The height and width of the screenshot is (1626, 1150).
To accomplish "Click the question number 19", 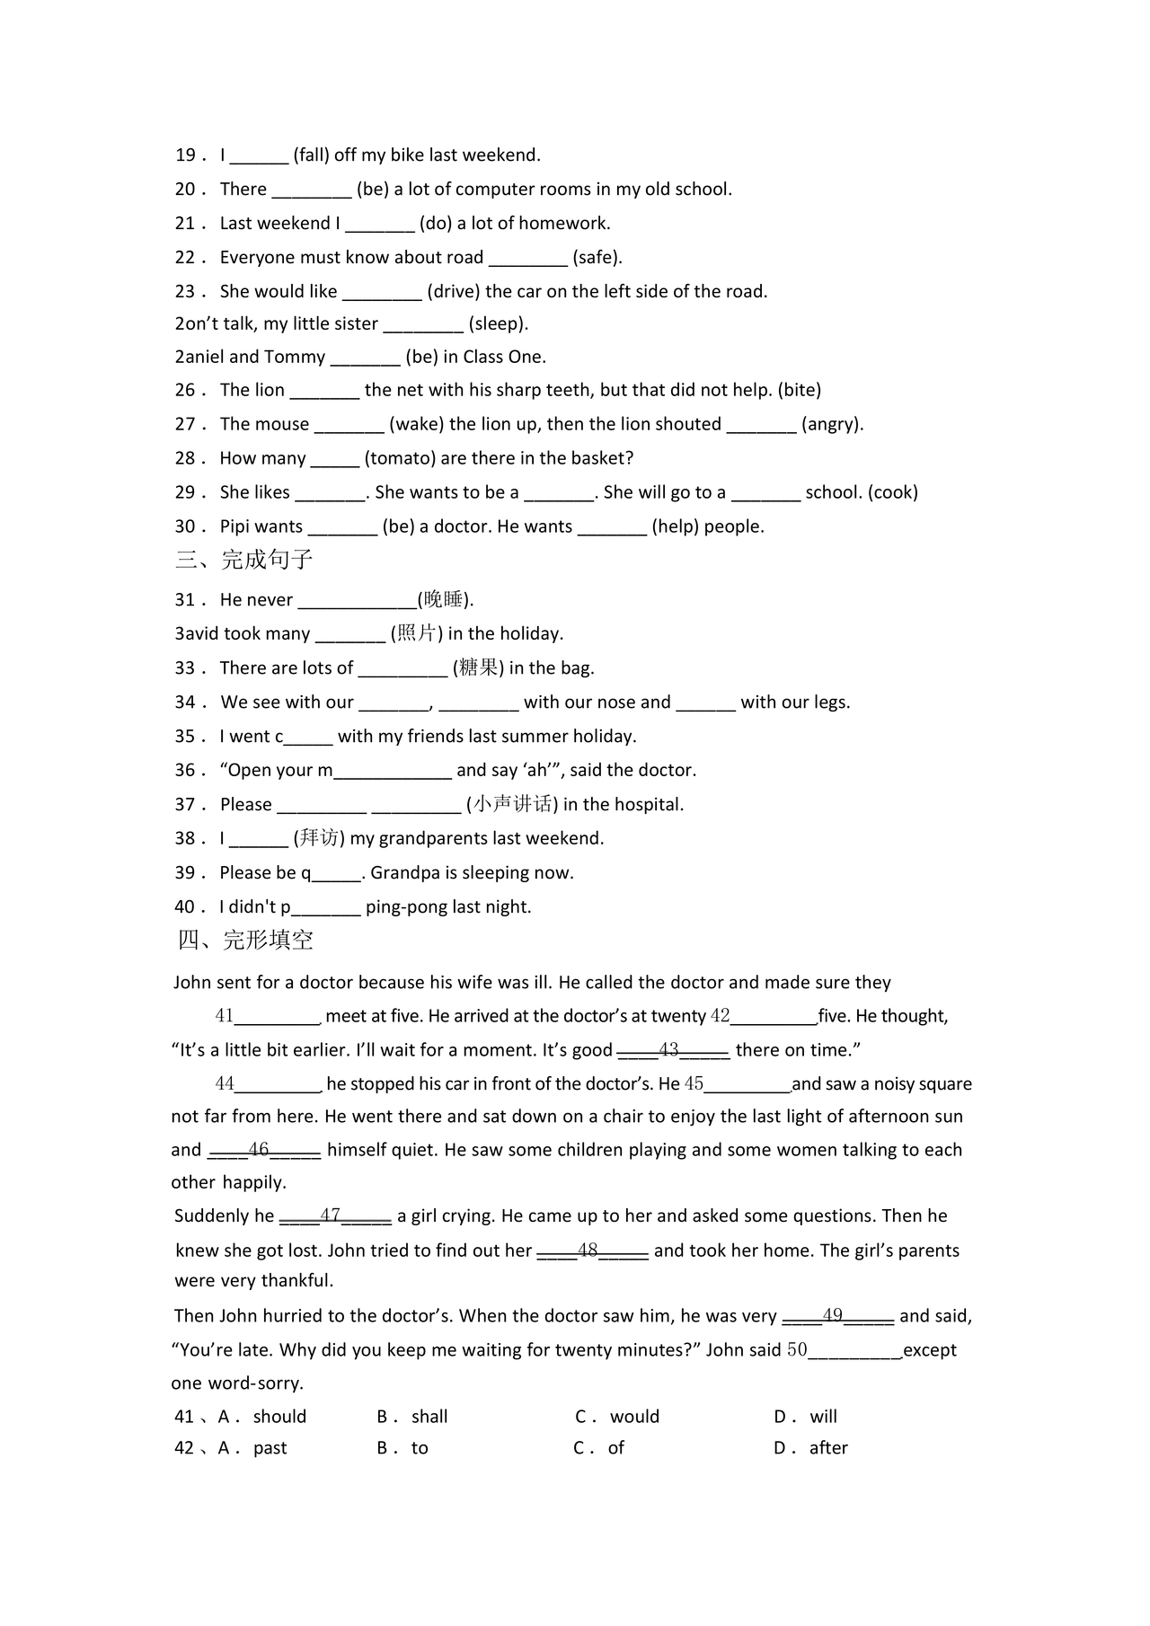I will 185,155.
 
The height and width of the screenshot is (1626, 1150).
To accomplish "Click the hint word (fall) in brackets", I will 311,155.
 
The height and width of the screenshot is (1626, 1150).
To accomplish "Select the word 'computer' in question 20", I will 493,190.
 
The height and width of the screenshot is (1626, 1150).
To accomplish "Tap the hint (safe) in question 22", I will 597,258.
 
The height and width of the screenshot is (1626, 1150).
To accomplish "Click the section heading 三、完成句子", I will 244,561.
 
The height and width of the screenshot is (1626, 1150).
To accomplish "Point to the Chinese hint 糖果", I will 478,667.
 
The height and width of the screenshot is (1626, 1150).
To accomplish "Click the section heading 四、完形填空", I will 245,941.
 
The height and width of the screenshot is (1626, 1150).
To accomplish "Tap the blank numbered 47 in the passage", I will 335,1216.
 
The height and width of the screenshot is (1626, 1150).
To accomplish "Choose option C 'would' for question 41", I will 633,1417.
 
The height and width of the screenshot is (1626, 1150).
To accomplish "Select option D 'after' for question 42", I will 827,1448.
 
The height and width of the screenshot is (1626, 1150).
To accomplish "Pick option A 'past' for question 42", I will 270,1448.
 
